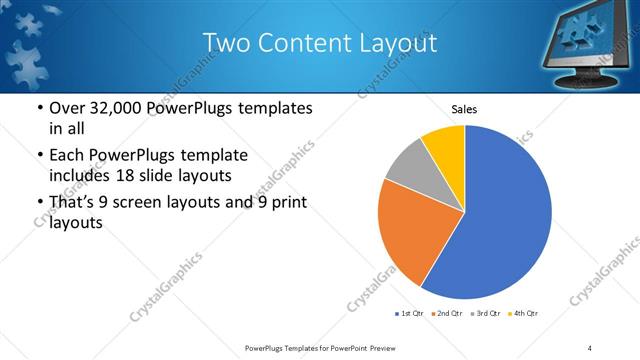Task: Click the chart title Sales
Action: [x=464, y=108]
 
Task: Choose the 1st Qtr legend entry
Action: [x=410, y=314]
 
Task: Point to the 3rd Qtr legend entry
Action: [x=487, y=314]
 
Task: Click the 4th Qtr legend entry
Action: [x=525, y=314]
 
